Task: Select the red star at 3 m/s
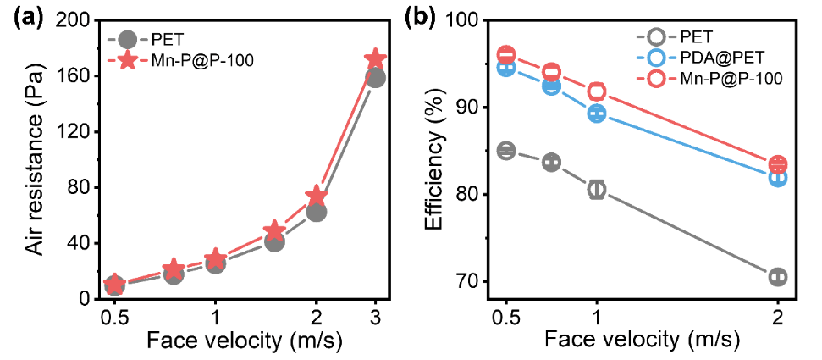375,59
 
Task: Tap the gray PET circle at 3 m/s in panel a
375,77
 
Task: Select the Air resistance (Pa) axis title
35,159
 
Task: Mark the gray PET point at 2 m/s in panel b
777,277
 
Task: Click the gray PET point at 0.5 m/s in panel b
506,151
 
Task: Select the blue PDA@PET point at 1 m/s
597,114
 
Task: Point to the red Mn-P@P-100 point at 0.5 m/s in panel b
506,55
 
